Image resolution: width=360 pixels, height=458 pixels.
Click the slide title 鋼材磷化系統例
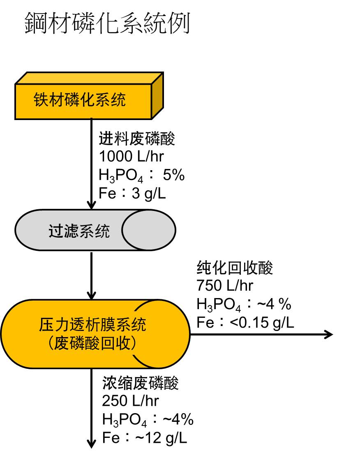[x=107, y=23]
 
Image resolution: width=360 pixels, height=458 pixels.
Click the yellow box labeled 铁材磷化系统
[x=80, y=100]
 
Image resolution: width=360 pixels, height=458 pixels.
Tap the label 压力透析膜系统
[x=92, y=326]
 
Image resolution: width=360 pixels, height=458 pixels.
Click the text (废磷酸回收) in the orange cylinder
[x=92, y=344]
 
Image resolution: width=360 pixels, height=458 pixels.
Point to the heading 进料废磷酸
[x=137, y=139]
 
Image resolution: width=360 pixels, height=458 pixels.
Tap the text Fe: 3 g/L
[x=132, y=193]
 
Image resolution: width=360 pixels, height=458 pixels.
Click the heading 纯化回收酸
[x=235, y=268]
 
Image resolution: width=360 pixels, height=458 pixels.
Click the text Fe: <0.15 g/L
[x=245, y=322]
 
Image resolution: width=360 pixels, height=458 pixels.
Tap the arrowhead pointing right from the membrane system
[x=328, y=335]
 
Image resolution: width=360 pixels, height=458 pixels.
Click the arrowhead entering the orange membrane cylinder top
[x=92, y=295]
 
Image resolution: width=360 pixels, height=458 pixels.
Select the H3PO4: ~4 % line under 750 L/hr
[x=244, y=305]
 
